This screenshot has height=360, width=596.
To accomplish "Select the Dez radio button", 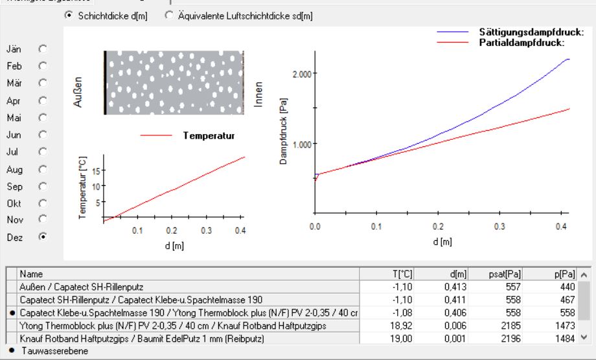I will tap(43, 237).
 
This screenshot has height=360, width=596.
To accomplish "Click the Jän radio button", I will tap(43, 49).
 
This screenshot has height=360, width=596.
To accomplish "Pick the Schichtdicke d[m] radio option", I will tap(69, 16).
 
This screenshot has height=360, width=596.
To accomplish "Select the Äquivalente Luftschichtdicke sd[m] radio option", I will tap(169, 16).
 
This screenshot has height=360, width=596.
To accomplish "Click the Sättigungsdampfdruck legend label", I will tap(532, 32).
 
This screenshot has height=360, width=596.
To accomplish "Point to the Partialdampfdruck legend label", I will tap(522, 43).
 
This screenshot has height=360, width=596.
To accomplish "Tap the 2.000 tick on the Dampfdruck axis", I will tap(303, 73).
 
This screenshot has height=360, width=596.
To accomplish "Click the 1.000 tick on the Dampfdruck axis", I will tap(303, 144).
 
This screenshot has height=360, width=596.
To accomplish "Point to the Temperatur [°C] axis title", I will tap(82, 186).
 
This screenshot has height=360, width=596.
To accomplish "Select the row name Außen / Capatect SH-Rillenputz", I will tap(81, 287).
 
